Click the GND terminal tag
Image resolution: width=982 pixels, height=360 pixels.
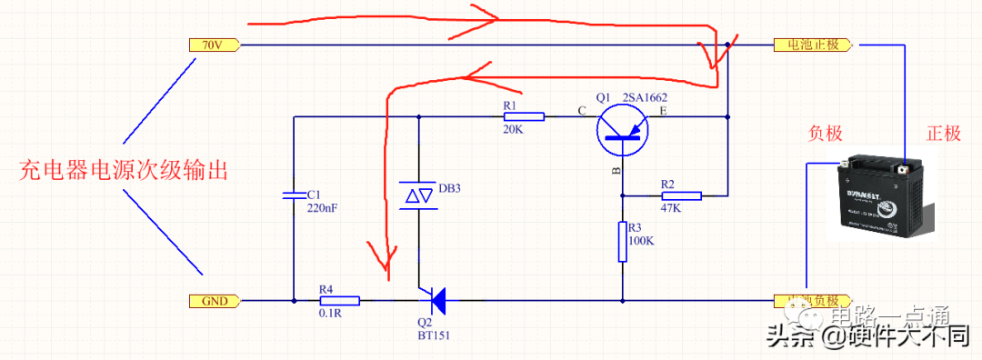(214, 301)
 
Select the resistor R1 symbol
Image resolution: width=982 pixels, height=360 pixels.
(524, 116)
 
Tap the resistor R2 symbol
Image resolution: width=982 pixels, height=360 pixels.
(681, 195)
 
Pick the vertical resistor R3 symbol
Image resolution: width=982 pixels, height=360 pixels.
(623, 241)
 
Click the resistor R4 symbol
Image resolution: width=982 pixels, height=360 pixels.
(339, 300)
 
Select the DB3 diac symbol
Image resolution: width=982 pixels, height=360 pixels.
(418, 194)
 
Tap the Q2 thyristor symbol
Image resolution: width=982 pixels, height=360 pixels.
(435, 299)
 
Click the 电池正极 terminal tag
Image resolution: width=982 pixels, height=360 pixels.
(811, 45)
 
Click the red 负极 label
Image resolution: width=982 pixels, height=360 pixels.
(826, 134)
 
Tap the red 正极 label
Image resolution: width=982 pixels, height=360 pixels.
(943, 134)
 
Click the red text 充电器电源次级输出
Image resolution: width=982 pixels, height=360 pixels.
(122, 170)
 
